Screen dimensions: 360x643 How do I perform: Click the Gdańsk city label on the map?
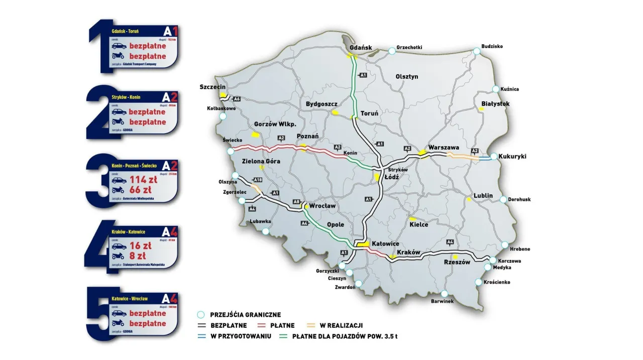point(360,48)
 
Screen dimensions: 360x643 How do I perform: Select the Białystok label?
point(495,103)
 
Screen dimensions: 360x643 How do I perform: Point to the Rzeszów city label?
point(457,262)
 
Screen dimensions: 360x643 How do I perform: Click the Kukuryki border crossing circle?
point(494,157)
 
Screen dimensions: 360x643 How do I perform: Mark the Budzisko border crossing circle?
point(476,51)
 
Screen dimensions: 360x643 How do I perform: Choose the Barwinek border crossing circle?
point(444,294)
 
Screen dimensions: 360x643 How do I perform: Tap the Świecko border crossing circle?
point(230,151)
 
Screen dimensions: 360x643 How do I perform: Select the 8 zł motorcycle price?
point(140,256)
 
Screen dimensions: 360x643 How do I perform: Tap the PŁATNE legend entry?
point(282,325)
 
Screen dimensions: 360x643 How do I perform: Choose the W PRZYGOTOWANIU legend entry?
point(241,336)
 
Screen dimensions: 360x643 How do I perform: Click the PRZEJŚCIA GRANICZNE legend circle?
point(201,315)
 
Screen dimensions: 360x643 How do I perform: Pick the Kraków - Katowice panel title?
point(129,232)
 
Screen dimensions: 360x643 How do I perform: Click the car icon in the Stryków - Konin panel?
point(119,112)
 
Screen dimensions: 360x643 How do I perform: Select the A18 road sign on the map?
point(258,180)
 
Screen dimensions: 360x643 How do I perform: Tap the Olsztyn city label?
point(406,77)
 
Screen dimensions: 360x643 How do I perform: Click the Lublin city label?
point(483,195)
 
